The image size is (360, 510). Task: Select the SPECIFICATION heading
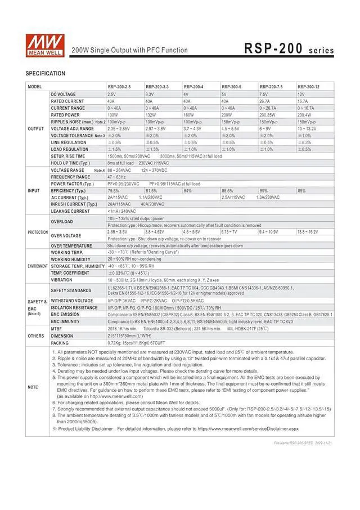click(x=45, y=74)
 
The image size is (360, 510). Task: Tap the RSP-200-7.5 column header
click(x=272, y=86)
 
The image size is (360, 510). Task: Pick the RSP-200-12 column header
click(x=309, y=86)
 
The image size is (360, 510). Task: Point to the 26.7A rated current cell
click(x=264, y=101)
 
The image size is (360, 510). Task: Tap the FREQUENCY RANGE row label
click(x=70, y=177)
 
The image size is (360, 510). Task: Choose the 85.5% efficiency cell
click(x=228, y=191)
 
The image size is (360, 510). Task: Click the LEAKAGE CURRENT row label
click(x=70, y=211)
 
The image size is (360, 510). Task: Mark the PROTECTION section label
click(x=38, y=232)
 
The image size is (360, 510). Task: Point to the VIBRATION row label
click(x=61, y=280)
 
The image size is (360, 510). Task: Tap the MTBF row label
click(x=56, y=328)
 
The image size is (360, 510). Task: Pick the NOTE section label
click(x=33, y=387)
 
